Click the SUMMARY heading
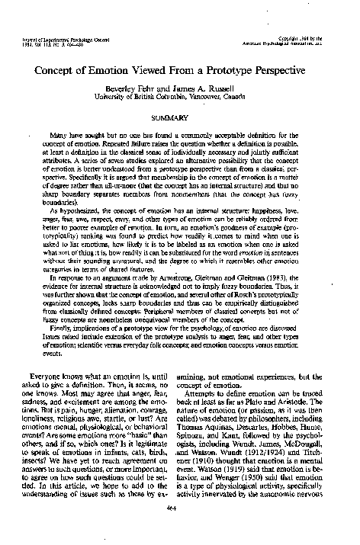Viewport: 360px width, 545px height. point(179,119)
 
